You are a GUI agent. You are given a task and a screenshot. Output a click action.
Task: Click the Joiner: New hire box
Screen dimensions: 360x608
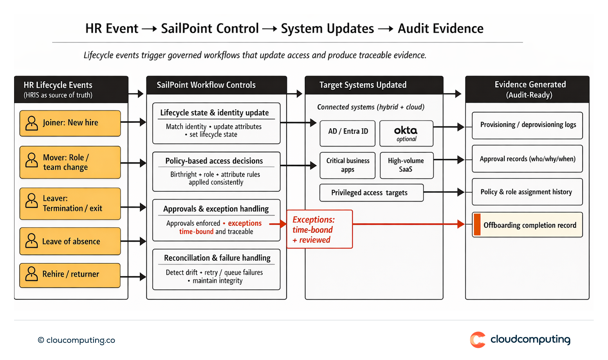click(x=70, y=123)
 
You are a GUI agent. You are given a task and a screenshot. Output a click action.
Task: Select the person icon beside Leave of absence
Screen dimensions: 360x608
click(x=31, y=241)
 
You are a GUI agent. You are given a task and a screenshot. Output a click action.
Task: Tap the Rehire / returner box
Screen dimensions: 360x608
click(x=70, y=275)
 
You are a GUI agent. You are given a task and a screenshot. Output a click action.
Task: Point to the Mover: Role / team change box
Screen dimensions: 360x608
click(x=70, y=162)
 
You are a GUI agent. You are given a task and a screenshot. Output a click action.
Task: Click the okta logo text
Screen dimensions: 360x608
click(x=406, y=130)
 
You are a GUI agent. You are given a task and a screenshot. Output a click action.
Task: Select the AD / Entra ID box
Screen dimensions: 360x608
click(x=348, y=133)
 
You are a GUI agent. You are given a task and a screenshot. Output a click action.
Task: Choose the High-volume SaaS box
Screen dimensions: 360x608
click(x=406, y=165)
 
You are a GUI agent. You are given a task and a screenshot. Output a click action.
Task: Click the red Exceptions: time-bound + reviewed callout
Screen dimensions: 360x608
click(x=319, y=229)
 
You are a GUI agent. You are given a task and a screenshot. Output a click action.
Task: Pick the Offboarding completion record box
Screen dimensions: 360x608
click(x=527, y=225)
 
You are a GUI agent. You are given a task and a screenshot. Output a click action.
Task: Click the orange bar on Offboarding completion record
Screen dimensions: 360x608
click(x=477, y=225)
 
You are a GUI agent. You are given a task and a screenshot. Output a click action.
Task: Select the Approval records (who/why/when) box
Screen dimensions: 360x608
click(x=527, y=159)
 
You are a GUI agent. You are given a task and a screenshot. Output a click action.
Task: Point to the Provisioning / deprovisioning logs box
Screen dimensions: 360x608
click(x=527, y=125)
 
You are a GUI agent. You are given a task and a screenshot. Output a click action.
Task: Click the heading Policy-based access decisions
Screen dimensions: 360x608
click(x=214, y=161)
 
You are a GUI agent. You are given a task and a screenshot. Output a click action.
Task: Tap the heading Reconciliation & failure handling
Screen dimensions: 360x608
click(x=217, y=258)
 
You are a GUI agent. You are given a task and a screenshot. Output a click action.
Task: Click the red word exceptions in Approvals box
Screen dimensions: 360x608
click(x=245, y=223)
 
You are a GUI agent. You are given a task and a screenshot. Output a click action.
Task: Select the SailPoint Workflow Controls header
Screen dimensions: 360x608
click(x=206, y=85)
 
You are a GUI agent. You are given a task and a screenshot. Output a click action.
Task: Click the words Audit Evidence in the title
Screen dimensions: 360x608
click(x=440, y=29)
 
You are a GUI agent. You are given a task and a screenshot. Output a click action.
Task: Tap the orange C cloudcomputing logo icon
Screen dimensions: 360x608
click(x=478, y=339)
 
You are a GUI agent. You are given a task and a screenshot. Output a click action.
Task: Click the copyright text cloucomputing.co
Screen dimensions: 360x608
click(x=77, y=340)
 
